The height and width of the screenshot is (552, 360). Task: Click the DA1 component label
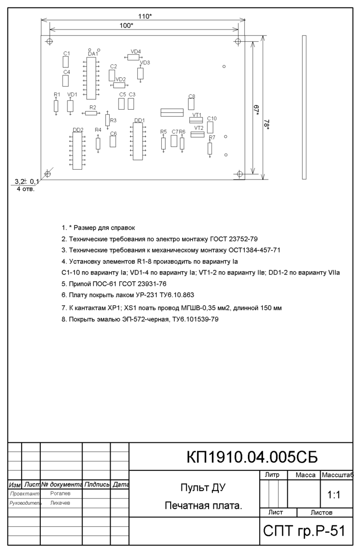point(93,54)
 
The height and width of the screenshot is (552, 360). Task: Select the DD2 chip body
point(77,151)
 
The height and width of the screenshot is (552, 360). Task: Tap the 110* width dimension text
point(145,16)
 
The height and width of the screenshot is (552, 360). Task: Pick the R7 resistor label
point(212,137)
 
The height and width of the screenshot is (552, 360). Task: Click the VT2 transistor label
point(199,128)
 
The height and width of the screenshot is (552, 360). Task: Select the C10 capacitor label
point(212,119)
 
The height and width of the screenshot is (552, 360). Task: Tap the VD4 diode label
point(136,52)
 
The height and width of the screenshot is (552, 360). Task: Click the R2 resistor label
point(92,107)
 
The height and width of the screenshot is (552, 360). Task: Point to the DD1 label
point(139,120)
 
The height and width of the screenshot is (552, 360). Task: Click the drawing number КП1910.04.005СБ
point(252,458)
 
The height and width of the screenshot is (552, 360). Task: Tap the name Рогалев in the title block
point(60,493)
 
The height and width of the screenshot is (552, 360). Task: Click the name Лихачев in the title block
point(60,503)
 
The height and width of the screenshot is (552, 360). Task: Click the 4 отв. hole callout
point(26,189)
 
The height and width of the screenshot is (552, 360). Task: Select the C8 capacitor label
point(192,96)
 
